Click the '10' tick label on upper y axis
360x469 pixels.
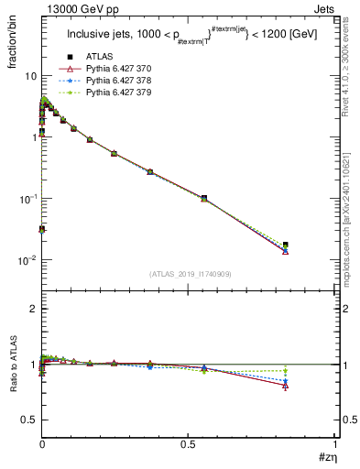(x=29, y=76)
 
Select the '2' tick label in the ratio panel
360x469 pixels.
(x=32, y=310)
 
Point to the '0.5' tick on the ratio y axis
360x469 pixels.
(x=28, y=420)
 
